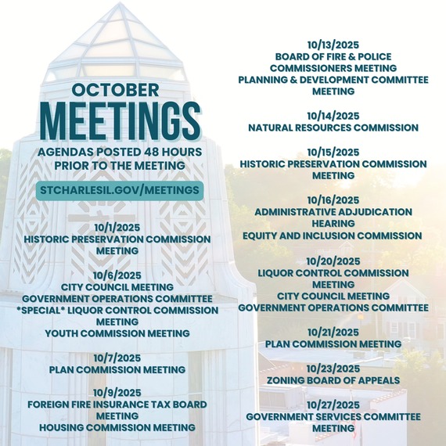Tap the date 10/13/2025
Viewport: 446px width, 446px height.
click(x=333, y=45)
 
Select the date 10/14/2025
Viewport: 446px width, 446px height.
click(x=333, y=115)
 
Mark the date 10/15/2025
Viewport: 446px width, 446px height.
click(x=333, y=152)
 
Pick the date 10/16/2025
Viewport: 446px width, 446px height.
click(x=333, y=200)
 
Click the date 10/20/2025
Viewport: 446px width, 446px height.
click(x=333, y=261)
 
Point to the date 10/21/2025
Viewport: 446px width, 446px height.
click(x=333, y=332)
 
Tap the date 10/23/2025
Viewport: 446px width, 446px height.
click(x=333, y=369)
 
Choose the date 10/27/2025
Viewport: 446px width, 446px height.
click(x=333, y=405)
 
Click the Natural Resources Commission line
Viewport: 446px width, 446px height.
click(x=333, y=127)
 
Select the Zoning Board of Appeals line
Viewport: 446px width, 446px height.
click(x=333, y=380)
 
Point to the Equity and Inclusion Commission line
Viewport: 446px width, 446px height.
click(x=333, y=235)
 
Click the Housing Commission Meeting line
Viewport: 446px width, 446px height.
click(x=120, y=427)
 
